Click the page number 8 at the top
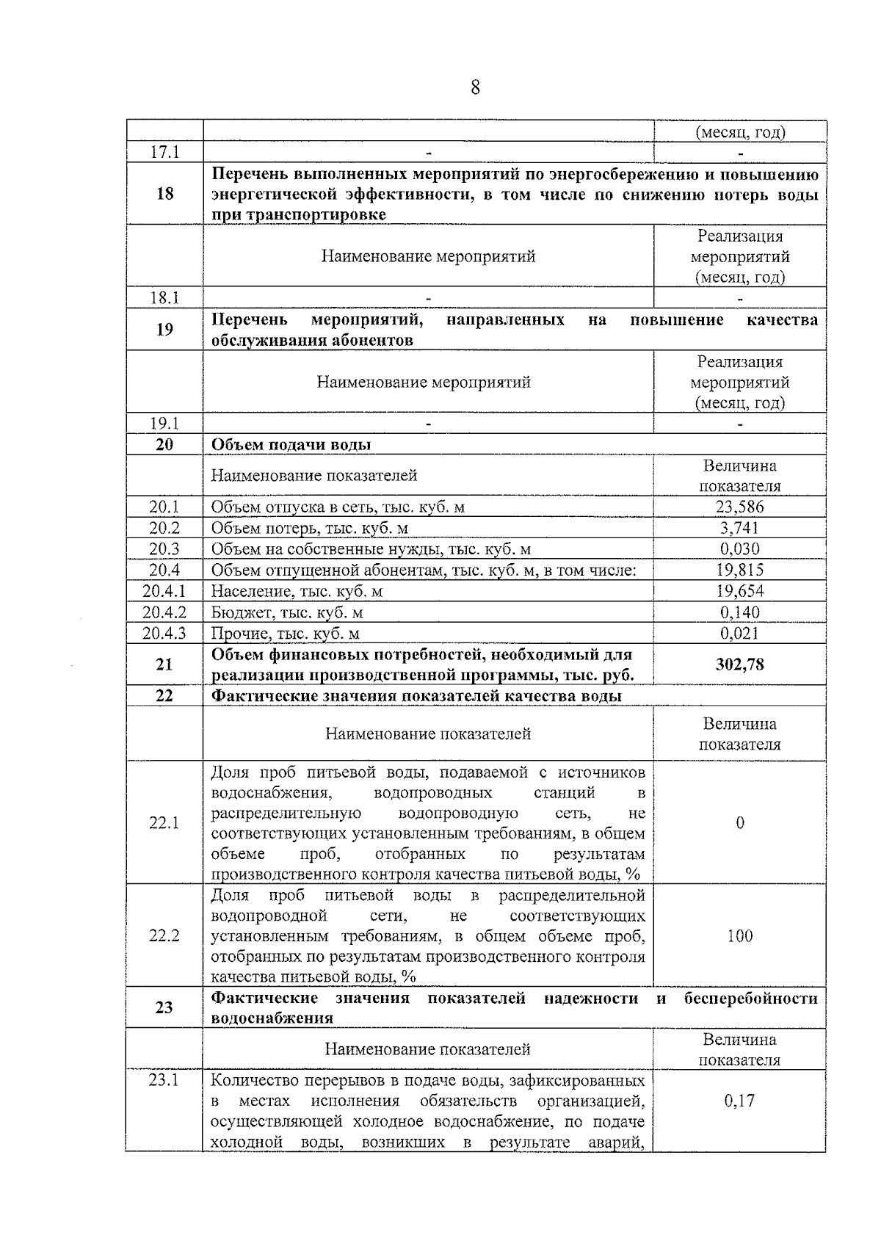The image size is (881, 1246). pyautogui.click(x=475, y=88)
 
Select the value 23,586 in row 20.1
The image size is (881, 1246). pyautogui.click(x=739, y=507)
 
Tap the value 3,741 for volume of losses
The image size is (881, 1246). pyautogui.click(x=739, y=528)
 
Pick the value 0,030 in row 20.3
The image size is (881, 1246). pyautogui.click(x=739, y=548)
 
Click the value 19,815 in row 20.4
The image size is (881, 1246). pyautogui.click(x=739, y=570)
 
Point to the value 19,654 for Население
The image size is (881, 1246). pyautogui.click(x=739, y=591)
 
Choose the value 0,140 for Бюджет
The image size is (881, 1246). pyautogui.click(x=739, y=612)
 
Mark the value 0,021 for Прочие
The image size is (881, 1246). pyautogui.click(x=739, y=633)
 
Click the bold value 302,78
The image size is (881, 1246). pyautogui.click(x=739, y=664)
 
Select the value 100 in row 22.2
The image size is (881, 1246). pyautogui.click(x=739, y=935)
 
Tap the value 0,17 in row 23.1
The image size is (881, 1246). pyautogui.click(x=739, y=1101)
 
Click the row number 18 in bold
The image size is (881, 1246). pyautogui.click(x=164, y=194)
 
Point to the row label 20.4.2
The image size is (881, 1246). pyautogui.click(x=164, y=612)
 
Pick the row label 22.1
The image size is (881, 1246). pyautogui.click(x=164, y=822)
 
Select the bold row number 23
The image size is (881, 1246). pyautogui.click(x=164, y=1007)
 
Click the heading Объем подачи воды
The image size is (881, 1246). pyautogui.click(x=291, y=444)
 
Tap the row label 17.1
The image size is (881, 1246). pyautogui.click(x=164, y=152)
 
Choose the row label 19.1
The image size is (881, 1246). pyautogui.click(x=164, y=423)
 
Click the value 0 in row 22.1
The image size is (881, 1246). pyautogui.click(x=739, y=822)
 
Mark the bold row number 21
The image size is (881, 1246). pyautogui.click(x=164, y=664)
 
